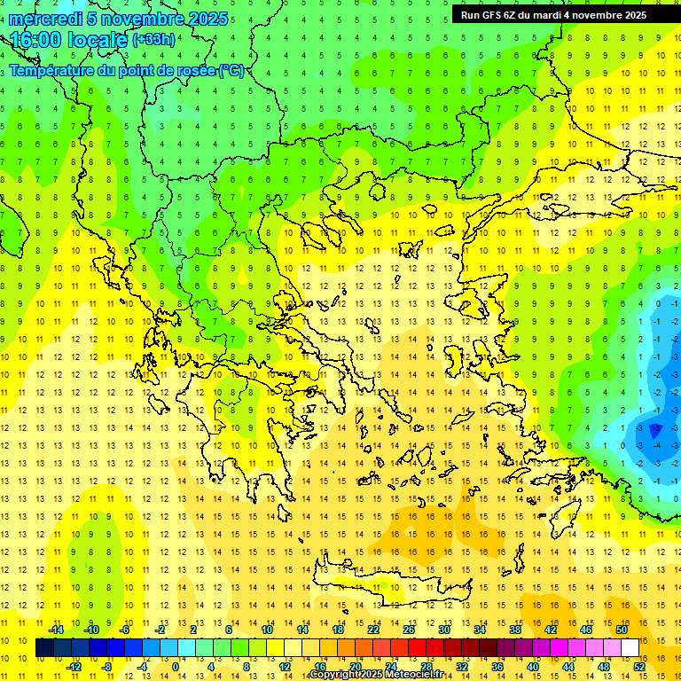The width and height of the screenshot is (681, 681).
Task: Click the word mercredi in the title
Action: click(46, 19)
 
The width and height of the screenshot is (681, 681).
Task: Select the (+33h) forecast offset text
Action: click(153, 40)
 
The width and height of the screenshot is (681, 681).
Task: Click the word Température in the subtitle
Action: click(53, 71)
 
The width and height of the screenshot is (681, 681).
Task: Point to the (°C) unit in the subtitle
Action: click(231, 71)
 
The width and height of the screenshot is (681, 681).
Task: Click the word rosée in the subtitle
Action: click(193, 71)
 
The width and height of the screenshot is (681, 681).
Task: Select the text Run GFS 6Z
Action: click(488, 15)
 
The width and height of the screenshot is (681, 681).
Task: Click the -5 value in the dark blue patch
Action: click(656, 430)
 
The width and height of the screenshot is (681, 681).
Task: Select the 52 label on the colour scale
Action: click(639, 667)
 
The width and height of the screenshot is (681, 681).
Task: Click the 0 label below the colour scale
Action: click(175, 667)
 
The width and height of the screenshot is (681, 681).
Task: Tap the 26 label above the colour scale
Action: click(408, 630)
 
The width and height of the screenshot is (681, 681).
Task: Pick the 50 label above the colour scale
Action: click(621, 630)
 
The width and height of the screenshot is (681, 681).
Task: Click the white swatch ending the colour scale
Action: click(630, 648)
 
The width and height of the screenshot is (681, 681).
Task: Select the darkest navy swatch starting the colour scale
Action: click(44, 648)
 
